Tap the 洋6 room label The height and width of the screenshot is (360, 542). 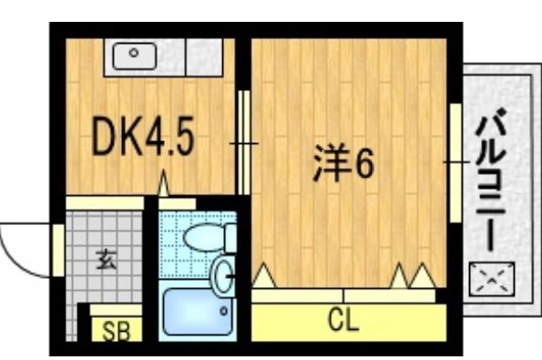(343, 163)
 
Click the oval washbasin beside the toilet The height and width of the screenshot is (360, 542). (221, 273)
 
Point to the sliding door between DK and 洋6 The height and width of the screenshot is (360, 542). (243, 143)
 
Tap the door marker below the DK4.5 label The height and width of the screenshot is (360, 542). (165, 187)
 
